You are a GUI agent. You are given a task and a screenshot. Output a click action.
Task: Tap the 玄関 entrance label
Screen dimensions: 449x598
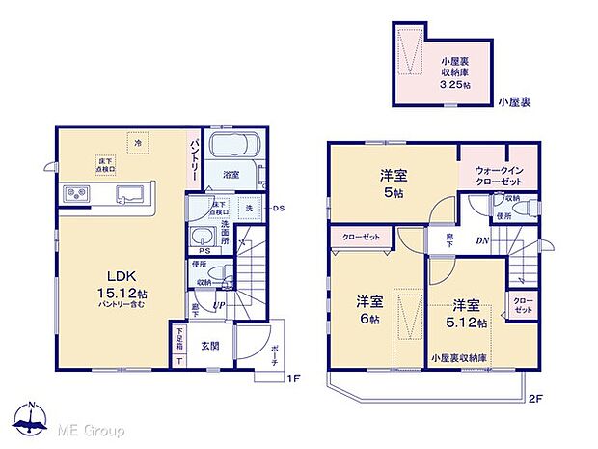click(209, 345)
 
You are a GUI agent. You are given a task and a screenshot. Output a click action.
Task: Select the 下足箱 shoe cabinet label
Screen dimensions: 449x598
click(179, 339)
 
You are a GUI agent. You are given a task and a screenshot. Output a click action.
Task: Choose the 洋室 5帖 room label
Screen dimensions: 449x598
click(392, 182)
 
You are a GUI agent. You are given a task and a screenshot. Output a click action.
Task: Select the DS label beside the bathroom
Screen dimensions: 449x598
click(279, 209)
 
